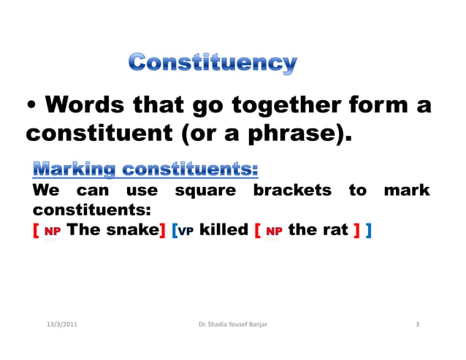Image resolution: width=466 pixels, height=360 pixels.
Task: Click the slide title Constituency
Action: (x=213, y=64)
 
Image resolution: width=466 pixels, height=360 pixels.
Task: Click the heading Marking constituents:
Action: (x=145, y=170)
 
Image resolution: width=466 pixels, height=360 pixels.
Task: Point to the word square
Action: (x=205, y=191)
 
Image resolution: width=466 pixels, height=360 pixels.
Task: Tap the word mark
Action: (x=406, y=191)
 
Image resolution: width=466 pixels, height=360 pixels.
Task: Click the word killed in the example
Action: (x=224, y=231)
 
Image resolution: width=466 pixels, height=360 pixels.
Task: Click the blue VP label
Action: (x=186, y=232)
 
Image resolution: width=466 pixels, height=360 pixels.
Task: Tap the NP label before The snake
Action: (x=52, y=232)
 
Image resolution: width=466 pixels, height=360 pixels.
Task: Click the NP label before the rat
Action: (x=274, y=232)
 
